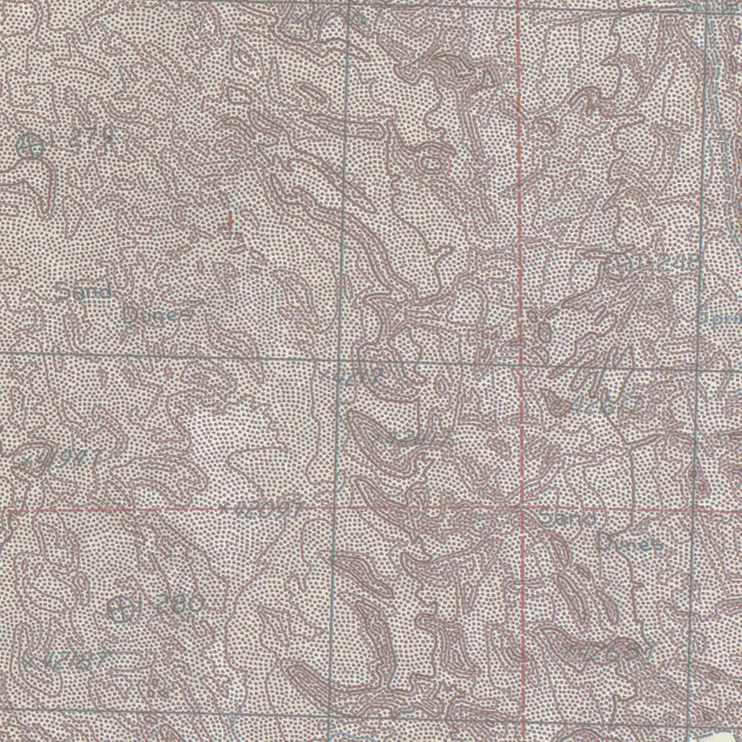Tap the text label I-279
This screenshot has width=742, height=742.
(x=83, y=138)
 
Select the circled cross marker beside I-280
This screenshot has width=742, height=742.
(x=122, y=608)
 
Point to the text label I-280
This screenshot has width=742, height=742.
(x=172, y=604)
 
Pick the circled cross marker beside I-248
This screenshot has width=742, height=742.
(x=617, y=267)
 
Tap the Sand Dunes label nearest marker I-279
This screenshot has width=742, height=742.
(x=123, y=304)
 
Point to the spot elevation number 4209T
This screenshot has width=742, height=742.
(x=264, y=510)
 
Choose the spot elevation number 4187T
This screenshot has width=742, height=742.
(x=69, y=661)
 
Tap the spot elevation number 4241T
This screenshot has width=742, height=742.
(x=417, y=438)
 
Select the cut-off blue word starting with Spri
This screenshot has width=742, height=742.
(x=722, y=317)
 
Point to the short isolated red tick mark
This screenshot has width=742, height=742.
(x=230, y=221)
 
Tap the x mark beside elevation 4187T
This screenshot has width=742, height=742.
(x=29, y=661)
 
